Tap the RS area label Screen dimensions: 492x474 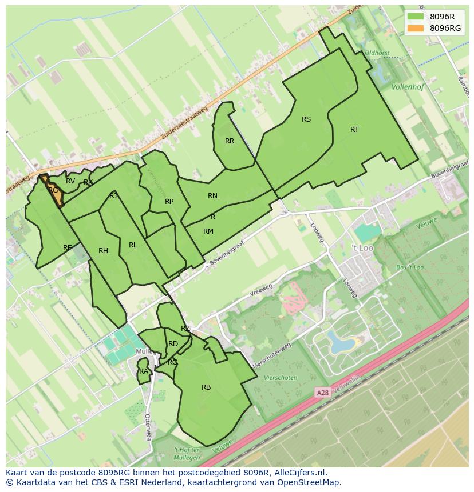point(306,119)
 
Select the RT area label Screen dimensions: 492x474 point(354,130)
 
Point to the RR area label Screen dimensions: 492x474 point(230,141)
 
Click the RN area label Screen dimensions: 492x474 point(212,196)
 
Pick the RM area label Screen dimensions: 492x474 point(208,231)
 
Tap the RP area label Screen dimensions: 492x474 point(169,202)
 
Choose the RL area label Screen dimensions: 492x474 point(133,245)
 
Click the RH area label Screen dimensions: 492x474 point(103,251)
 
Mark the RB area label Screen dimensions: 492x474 point(206,387)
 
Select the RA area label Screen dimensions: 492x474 point(144,371)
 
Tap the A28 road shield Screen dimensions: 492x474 point(323,393)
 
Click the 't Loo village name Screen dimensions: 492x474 point(362,248)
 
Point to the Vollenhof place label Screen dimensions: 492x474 point(409,87)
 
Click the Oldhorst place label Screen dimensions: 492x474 point(377,53)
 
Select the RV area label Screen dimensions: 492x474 point(70,181)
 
